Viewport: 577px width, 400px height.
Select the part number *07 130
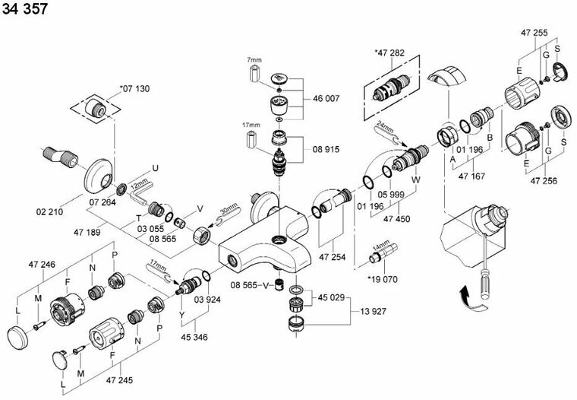click(134, 90)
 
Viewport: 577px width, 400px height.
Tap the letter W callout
click(415, 179)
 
